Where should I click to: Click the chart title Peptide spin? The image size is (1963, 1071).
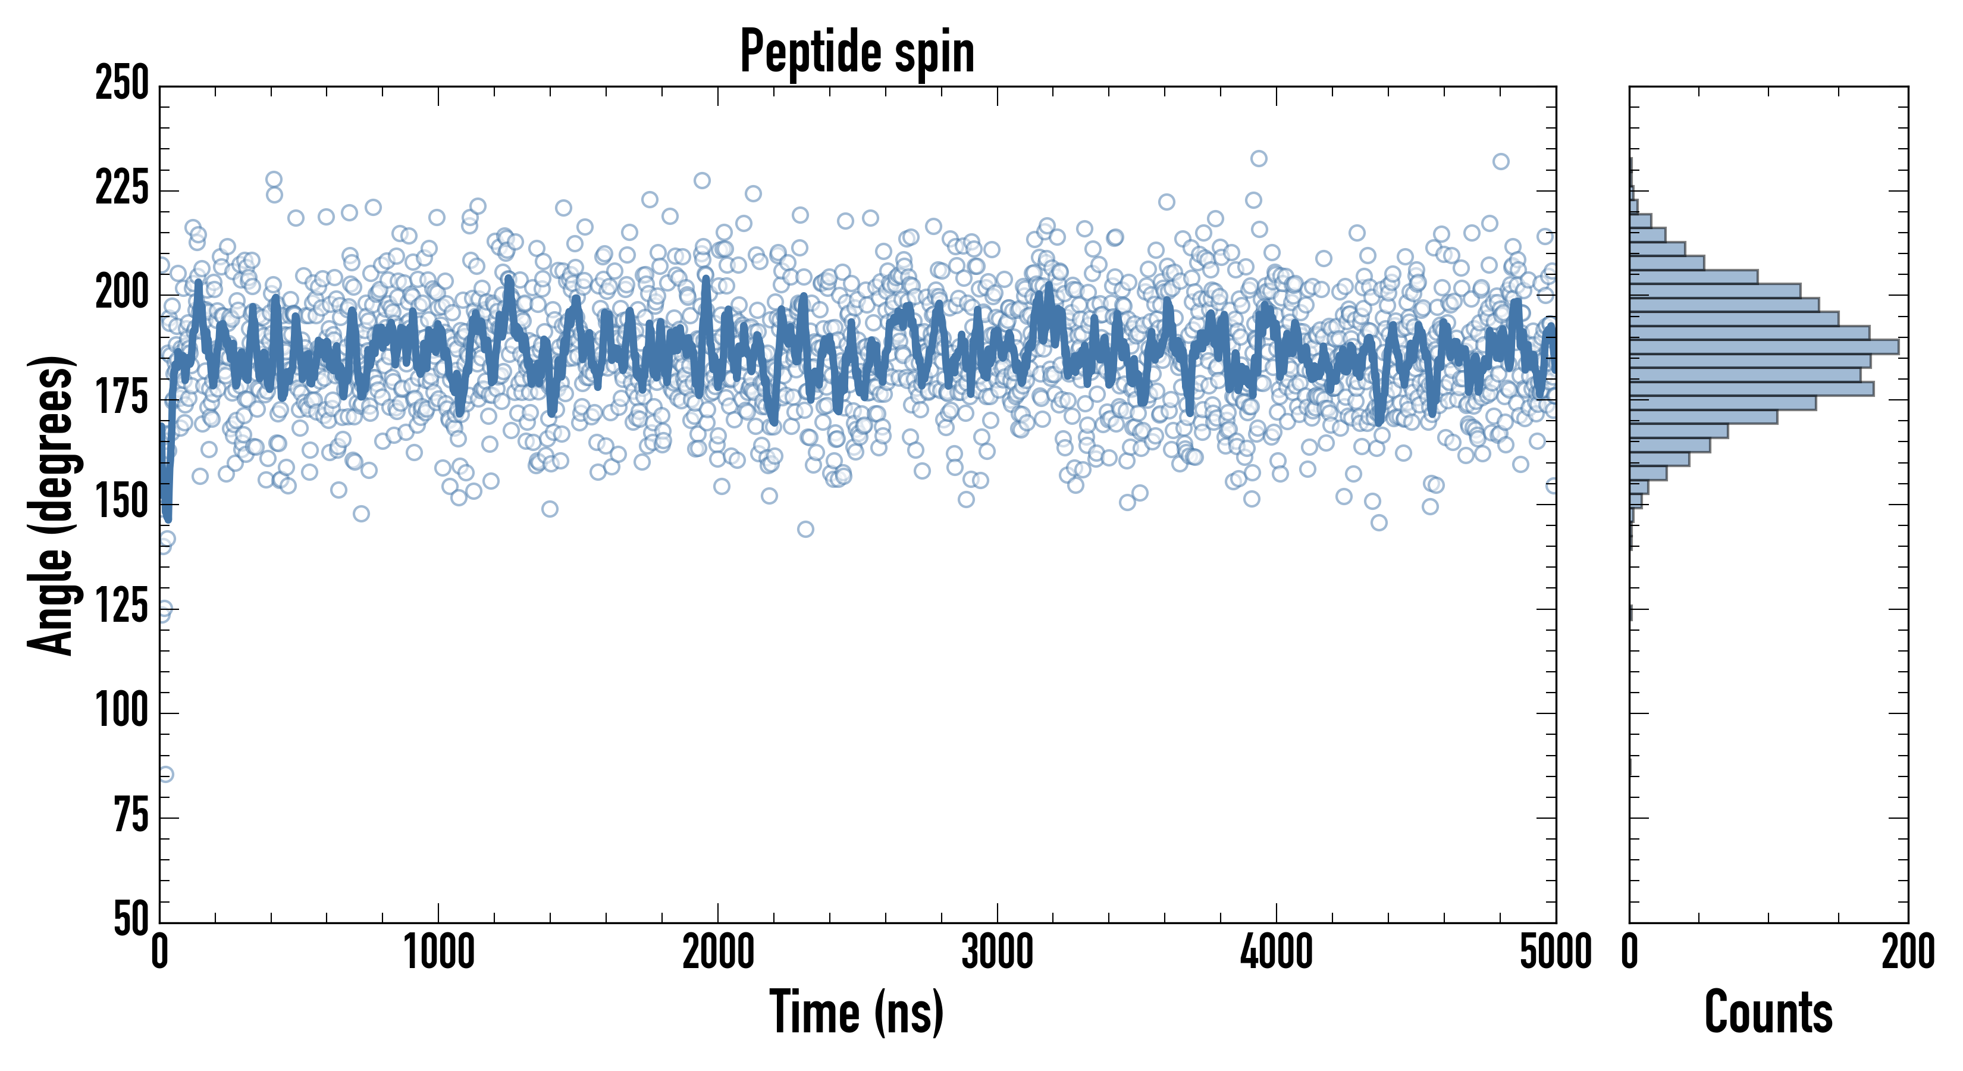pyautogui.click(x=857, y=51)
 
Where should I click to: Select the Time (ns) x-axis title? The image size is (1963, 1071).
pyautogui.click(x=857, y=1011)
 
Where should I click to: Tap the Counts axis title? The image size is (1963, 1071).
pyautogui.click(x=1768, y=1011)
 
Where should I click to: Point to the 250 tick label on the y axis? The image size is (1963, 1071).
pyautogui.click(x=122, y=83)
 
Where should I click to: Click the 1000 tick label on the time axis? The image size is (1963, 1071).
pyautogui.click(x=439, y=952)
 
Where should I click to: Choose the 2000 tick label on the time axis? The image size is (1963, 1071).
pyautogui.click(x=718, y=952)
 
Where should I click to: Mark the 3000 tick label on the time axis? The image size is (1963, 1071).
pyautogui.click(x=997, y=952)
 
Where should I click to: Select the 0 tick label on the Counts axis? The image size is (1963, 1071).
pyautogui.click(x=1630, y=952)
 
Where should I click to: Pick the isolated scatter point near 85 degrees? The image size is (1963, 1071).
pyautogui.click(x=166, y=775)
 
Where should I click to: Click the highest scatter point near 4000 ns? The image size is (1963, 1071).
pyautogui.click(x=1259, y=158)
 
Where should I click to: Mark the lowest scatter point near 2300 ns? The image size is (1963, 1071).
pyautogui.click(x=805, y=529)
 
